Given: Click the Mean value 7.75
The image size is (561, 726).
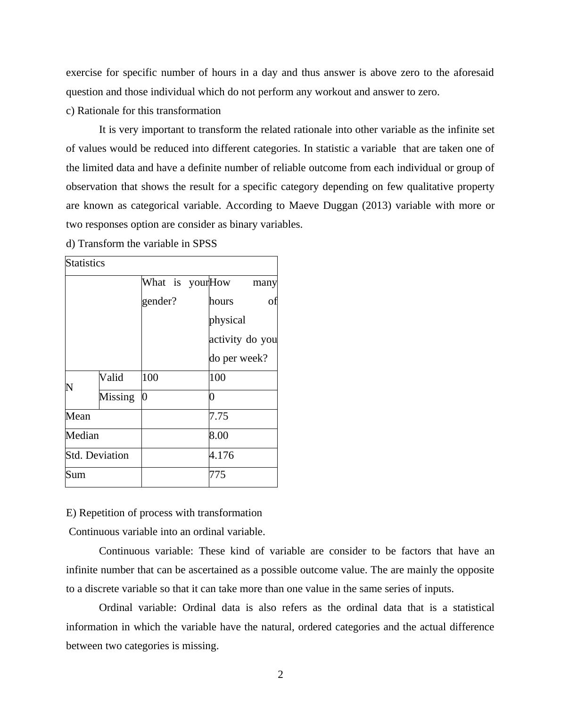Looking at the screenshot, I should [x=219, y=416].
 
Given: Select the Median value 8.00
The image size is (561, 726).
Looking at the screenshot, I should [x=219, y=436].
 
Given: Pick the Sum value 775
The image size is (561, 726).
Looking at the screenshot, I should [x=217, y=475].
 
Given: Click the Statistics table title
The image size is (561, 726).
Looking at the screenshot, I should [x=85, y=263].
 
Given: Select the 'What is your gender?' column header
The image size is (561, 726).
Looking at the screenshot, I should [x=175, y=291].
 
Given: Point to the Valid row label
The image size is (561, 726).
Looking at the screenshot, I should [x=112, y=378].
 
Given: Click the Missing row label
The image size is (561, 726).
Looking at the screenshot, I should [x=117, y=397].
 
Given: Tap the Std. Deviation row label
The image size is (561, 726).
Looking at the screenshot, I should [x=97, y=455].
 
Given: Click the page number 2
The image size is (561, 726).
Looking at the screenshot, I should [x=280, y=675].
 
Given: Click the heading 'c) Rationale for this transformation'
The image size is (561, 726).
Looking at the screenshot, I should [x=143, y=111].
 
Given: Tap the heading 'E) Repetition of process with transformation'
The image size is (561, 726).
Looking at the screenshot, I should [x=164, y=513].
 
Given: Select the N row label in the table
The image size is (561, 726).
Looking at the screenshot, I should [x=70, y=388].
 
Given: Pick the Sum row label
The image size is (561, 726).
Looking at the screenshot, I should [x=75, y=475].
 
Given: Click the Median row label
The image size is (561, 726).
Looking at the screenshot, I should [x=82, y=436].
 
